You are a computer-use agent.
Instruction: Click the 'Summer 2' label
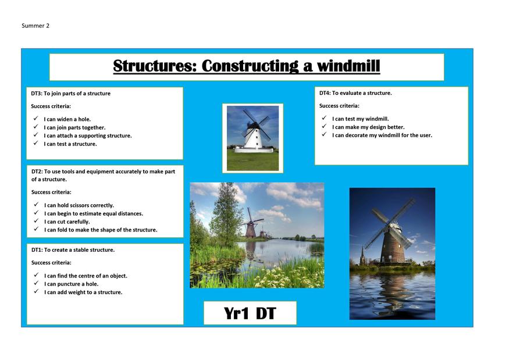[x=35, y=26]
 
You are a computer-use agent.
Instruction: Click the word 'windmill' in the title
[x=348, y=66]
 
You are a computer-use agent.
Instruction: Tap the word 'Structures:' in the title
[x=155, y=66]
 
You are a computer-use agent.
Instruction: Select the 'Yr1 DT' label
[x=250, y=313]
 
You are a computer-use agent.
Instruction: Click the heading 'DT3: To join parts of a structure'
[x=71, y=94]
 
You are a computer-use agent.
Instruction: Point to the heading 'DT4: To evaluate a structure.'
[x=355, y=93]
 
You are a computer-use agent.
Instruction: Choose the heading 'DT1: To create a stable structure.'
[x=73, y=250]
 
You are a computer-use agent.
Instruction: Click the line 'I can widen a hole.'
[x=67, y=119]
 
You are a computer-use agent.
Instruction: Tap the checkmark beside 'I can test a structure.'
[x=35, y=143]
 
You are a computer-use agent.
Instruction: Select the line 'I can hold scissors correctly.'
[x=79, y=205]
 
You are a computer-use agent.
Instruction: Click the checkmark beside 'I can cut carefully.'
[x=36, y=221]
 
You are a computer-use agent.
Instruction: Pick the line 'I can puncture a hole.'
[x=72, y=284]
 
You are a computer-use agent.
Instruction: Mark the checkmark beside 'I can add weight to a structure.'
[x=36, y=291]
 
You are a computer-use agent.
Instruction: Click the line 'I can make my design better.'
[x=368, y=127]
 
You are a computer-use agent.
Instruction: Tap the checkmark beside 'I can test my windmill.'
[x=324, y=118]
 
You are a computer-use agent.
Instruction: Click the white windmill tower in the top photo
[x=254, y=138]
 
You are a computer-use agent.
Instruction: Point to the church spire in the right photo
[x=362, y=255]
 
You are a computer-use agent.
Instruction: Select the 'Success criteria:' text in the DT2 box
[x=51, y=192]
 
